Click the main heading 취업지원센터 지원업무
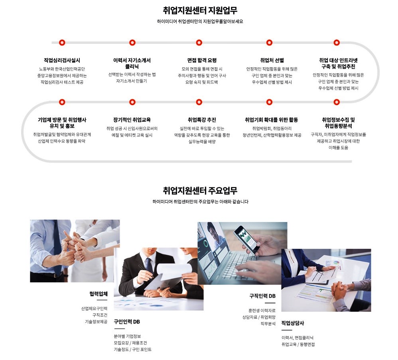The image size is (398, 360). tap(200, 10)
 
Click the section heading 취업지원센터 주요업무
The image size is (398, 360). tap(200, 191)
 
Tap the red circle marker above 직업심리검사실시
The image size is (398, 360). tap(62, 43)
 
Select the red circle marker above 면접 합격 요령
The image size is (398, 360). tap(199, 43)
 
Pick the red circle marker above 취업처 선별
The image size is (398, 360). tap(269, 43)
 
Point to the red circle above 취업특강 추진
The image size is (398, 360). tap(199, 102)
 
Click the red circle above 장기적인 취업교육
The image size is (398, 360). tap(132, 102)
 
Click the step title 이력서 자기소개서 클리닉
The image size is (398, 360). tap(132, 63)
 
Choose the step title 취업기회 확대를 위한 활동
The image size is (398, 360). tap(271, 120)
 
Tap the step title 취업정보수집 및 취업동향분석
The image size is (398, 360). tap(338, 123)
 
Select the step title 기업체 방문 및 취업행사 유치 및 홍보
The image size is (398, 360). tap(62, 123)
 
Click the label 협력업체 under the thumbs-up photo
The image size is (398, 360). tap(99, 294)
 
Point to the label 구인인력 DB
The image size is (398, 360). tap(127, 322)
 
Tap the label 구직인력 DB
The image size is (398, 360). tap(262, 296)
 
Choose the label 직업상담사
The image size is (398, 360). tap(293, 323)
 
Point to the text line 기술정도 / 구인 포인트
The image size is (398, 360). tap(132, 350)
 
